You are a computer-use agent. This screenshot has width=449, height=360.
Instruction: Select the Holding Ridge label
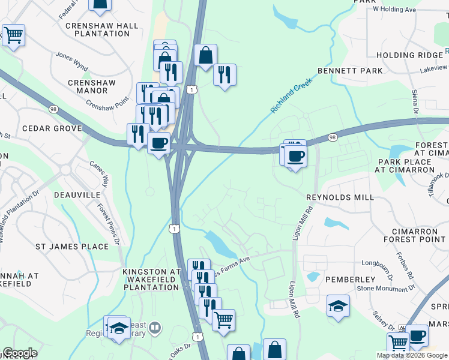pyautogui.click(x=409, y=55)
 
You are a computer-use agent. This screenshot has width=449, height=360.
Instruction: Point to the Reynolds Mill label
pyautogui.click(x=340, y=197)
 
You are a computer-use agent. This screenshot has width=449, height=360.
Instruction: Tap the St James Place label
pyautogui.click(x=72, y=246)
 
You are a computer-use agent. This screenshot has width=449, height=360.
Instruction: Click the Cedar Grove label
pyautogui.click(x=52, y=128)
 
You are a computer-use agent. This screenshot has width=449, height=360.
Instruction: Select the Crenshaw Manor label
pyautogui.click(x=88, y=86)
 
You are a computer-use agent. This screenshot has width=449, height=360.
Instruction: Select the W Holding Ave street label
pyautogui.click(x=394, y=9)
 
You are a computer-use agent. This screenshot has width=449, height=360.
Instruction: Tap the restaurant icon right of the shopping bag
pyautogui.click(x=224, y=74)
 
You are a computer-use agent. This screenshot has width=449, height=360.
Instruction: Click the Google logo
pyautogui.click(x=20, y=353)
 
